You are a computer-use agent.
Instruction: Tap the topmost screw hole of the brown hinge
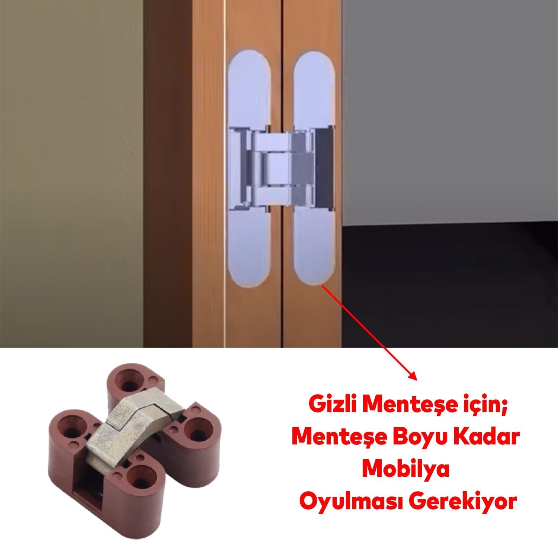(x=130, y=383)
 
